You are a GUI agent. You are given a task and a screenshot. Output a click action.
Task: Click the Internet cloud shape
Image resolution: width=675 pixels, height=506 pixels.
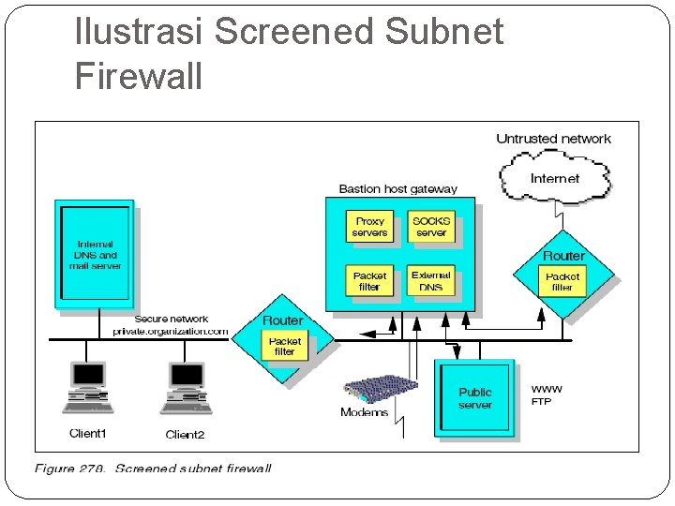(554, 178)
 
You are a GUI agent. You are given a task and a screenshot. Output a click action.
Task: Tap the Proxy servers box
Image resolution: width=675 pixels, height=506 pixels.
(369, 228)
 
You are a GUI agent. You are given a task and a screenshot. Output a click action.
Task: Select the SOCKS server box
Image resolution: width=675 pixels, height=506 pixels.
(431, 228)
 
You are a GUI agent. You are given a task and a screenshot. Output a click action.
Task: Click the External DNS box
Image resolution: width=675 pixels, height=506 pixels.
(431, 281)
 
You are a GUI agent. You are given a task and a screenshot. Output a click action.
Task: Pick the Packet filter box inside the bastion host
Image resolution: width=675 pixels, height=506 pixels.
(369, 281)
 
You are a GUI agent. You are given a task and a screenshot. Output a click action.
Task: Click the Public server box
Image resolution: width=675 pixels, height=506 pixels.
(475, 398)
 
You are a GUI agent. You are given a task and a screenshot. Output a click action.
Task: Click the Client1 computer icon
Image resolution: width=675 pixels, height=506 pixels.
(88, 387)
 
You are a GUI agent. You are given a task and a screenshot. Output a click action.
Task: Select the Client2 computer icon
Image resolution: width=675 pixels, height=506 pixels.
(186, 387)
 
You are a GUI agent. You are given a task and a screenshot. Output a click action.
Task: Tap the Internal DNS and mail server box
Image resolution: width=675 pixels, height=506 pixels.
(95, 254)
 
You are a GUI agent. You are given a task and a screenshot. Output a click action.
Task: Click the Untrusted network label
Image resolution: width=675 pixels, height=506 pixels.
(553, 139)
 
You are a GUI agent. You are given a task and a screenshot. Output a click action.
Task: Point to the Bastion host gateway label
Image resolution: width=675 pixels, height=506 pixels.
(397, 188)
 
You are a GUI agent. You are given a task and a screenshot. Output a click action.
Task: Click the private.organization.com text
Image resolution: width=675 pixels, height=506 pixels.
(171, 332)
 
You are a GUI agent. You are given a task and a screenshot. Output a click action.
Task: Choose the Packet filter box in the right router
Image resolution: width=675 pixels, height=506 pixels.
(562, 282)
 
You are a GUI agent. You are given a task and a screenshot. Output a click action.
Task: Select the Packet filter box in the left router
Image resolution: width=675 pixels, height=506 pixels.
(284, 347)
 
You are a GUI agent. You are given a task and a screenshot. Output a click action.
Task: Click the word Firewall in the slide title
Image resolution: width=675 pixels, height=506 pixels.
(139, 76)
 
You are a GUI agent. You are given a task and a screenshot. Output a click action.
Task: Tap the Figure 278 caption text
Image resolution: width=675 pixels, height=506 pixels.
(153, 468)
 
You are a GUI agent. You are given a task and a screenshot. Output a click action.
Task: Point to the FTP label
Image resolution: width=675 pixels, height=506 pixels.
(542, 402)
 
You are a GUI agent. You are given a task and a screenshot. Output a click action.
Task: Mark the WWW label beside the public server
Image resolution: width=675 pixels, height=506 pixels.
(547, 389)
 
